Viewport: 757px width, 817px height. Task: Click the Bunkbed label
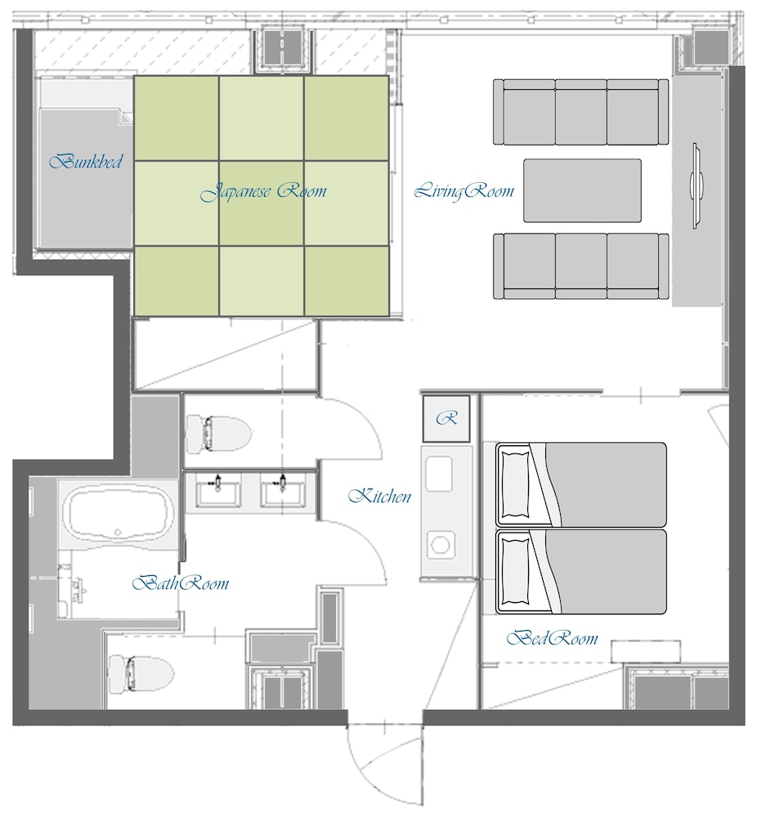pos(86,161)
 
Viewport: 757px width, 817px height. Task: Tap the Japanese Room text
pos(263,191)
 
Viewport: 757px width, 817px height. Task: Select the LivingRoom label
pos(464,191)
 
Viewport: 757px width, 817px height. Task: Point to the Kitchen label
pos(379,496)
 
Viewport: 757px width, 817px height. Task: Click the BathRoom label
pos(181,583)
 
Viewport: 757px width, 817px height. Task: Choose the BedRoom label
pos(552,638)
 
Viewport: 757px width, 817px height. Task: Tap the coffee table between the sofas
pos(582,190)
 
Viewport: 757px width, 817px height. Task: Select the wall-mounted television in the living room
pos(696,185)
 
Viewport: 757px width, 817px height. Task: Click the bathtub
pos(119,514)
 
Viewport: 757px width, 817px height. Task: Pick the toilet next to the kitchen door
pos(219,433)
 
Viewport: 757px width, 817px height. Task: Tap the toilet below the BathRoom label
pos(141,674)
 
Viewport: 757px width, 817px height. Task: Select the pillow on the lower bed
pos(514,572)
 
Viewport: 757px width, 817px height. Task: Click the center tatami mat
pos(262,203)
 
